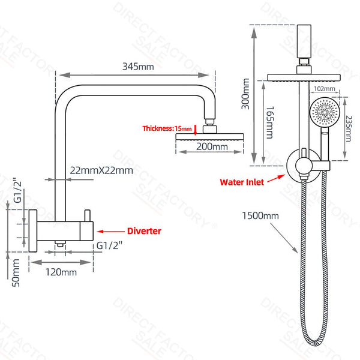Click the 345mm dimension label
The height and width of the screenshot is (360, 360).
(x=138, y=67)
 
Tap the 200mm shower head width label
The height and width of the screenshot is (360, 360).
(x=212, y=146)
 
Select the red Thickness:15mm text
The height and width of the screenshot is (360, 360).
(x=167, y=128)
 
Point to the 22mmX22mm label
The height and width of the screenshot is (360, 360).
(x=101, y=170)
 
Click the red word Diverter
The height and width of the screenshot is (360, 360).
(x=144, y=231)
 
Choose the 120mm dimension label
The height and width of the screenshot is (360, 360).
(x=61, y=272)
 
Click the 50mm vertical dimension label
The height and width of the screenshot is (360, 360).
(x=16, y=273)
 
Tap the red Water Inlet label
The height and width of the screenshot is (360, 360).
(x=242, y=182)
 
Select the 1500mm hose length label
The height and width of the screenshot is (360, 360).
(x=260, y=215)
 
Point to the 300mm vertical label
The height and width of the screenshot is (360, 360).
(x=245, y=94)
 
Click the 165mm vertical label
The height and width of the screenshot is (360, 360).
(x=270, y=122)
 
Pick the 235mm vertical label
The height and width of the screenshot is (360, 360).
(x=349, y=128)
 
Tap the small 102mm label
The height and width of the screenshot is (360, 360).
(x=325, y=89)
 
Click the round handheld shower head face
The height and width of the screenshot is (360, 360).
(x=324, y=112)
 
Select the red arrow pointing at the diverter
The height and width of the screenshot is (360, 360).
(x=111, y=231)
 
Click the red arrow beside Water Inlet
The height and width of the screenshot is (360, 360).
(x=276, y=179)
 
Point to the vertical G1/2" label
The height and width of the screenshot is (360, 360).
(x=17, y=190)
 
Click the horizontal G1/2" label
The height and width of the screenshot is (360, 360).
(x=109, y=245)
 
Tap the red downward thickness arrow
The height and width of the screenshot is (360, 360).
(x=195, y=130)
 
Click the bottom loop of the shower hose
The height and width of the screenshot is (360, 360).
(x=315, y=342)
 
